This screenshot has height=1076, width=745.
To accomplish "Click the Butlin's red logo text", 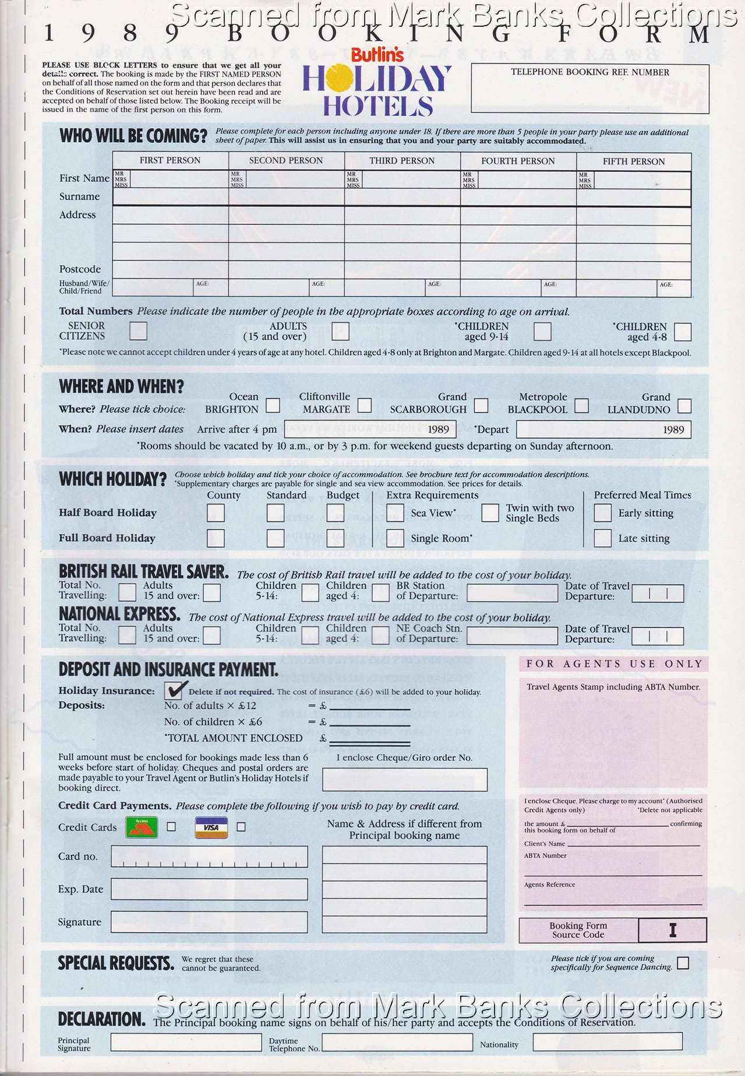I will [x=377, y=55].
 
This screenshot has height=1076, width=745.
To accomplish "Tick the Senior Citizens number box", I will [x=138, y=331].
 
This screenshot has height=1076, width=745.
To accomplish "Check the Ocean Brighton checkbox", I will [x=272, y=405].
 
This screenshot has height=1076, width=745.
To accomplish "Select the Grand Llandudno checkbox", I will [x=684, y=405].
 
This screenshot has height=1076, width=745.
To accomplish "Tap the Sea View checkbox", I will [x=395, y=513].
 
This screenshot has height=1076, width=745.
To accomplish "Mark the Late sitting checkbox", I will [x=602, y=538].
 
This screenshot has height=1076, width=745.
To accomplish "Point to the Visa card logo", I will [x=211, y=827].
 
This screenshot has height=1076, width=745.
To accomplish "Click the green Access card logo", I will [x=142, y=827].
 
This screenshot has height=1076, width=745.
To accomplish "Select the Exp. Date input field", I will [x=209, y=889].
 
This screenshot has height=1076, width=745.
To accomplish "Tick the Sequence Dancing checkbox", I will [x=683, y=963].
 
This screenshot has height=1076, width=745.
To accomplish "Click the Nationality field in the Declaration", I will [x=607, y=1042].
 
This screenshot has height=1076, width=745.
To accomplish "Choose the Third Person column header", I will [x=402, y=161].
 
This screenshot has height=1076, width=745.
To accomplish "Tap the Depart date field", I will [x=603, y=430].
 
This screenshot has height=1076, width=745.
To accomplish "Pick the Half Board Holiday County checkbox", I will [x=216, y=513].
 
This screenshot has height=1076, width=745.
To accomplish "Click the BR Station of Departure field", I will [x=512, y=593].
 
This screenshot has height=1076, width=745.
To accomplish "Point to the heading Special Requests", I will [x=116, y=964].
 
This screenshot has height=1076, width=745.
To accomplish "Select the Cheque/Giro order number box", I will [x=405, y=779].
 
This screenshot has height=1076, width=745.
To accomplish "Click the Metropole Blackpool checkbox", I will [x=581, y=405].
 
